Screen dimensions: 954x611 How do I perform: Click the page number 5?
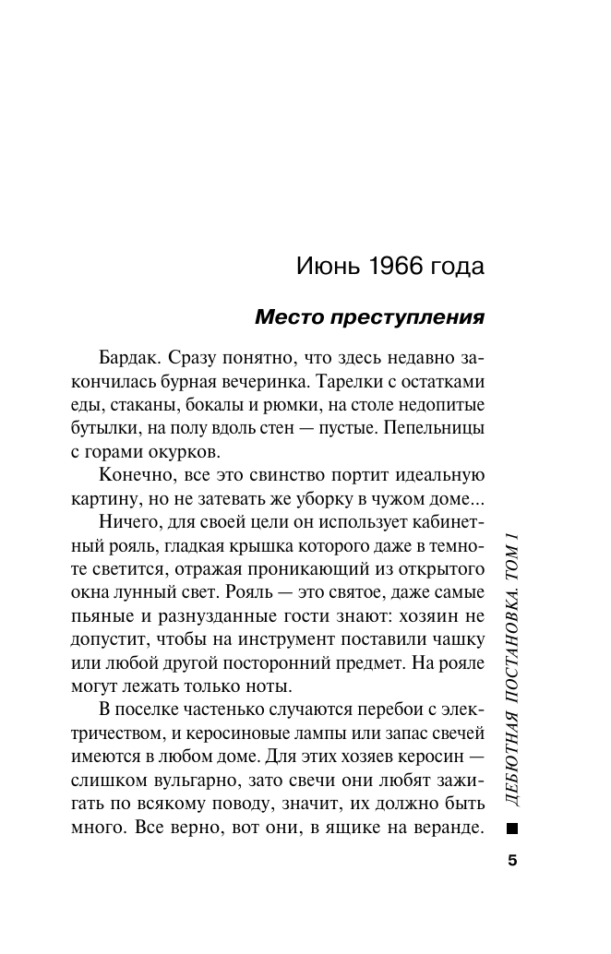click(x=513, y=862)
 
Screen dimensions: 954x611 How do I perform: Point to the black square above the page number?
click(x=513, y=829)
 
